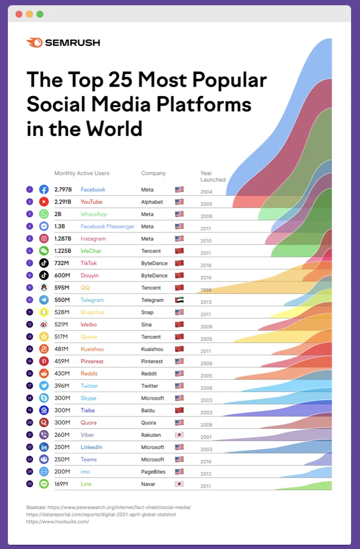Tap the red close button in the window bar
point(19,14)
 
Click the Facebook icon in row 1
point(44,189)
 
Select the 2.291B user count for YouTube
point(63,202)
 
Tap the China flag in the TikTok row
point(179,263)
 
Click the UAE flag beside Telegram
point(179,300)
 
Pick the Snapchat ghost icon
point(44,312)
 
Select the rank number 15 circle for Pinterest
point(30,361)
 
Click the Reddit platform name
point(89,374)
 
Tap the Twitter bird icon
point(44,386)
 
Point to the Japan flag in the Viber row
point(179,435)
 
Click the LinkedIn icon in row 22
point(44,447)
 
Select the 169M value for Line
point(61,484)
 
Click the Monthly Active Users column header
point(82,173)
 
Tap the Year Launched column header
point(213,176)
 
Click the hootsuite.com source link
point(58,522)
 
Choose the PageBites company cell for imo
point(153,472)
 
